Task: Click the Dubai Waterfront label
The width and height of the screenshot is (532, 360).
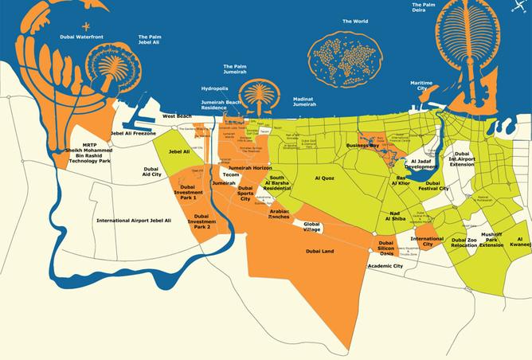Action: click(83, 37)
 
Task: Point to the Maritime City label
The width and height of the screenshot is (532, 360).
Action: click(421, 86)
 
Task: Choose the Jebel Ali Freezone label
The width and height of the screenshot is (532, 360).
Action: click(133, 133)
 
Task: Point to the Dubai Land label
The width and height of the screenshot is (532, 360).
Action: click(319, 252)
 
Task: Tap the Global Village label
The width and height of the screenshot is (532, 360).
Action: click(318, 227)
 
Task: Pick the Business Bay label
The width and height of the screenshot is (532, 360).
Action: click(362, 147)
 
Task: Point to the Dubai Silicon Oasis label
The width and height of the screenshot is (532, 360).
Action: click(386, 247)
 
